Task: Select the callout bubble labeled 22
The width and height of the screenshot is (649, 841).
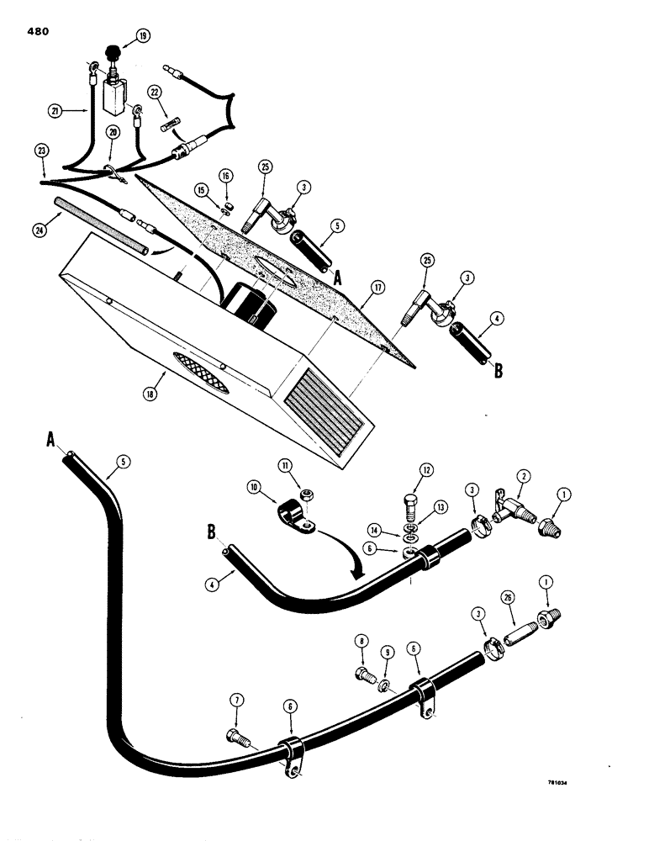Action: [x=154, y=92]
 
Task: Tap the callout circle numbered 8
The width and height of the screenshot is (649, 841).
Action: [x=362, y=644]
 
